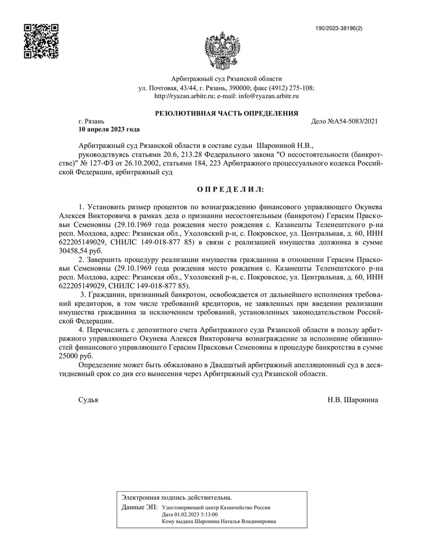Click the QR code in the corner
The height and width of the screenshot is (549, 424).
click(41, 40)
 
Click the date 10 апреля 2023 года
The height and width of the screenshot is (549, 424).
click(109, 129)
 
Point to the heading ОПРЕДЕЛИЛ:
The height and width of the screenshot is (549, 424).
click(226, 189)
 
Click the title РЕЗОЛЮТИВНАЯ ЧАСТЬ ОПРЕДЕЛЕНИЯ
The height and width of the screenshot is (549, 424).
click(226, 114)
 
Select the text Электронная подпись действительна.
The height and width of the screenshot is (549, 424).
click(176, 498)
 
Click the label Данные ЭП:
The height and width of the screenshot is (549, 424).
click(139, 508)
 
